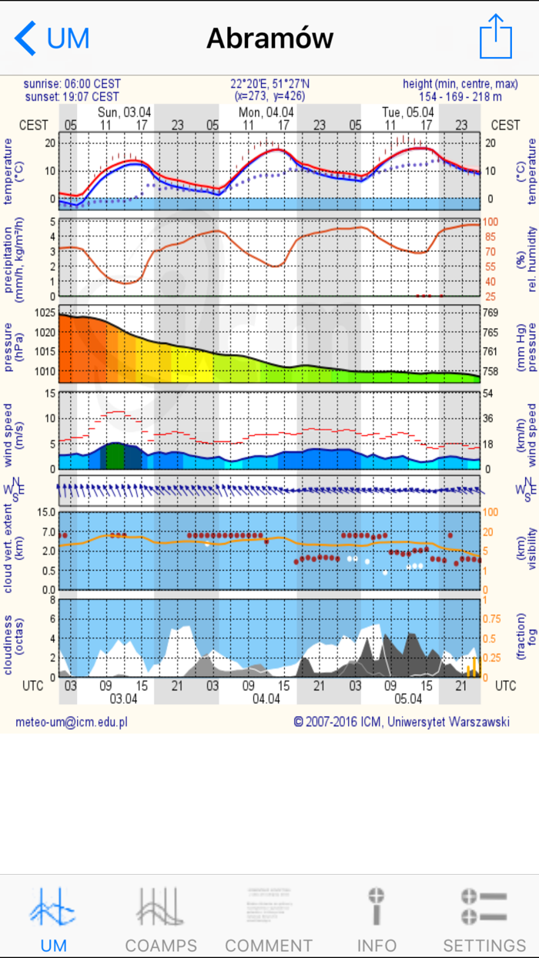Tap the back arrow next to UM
(25, 38)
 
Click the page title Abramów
(269, 38)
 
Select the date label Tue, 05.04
(408, 112)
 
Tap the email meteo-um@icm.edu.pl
(72, 722)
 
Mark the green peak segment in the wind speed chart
(114, 456)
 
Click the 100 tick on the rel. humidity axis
(490, 222)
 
